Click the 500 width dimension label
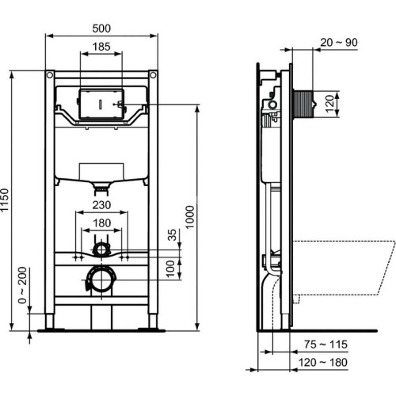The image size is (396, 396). coord(101,28)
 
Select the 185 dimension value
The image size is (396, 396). coord(101,48)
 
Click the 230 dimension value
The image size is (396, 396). coord(101,204)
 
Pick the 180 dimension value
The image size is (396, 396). coord(101,223)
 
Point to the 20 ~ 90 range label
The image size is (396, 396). coord(338,42)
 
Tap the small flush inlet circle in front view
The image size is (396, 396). coord(101,250)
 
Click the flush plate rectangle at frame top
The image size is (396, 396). coord(101,103)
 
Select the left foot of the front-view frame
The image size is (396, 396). coord(51,321)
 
